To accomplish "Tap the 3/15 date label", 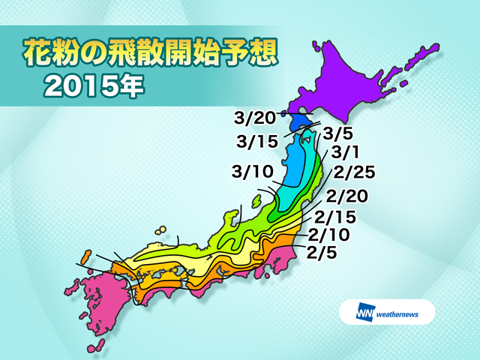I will pyautogui.click(x=255, y=140).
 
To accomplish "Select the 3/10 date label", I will pyautogui.click(x=251, y=172).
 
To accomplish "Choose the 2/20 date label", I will pyautogui.click(x=346, y=197).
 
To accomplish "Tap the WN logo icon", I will pyautogui.click(x=367, y=311).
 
